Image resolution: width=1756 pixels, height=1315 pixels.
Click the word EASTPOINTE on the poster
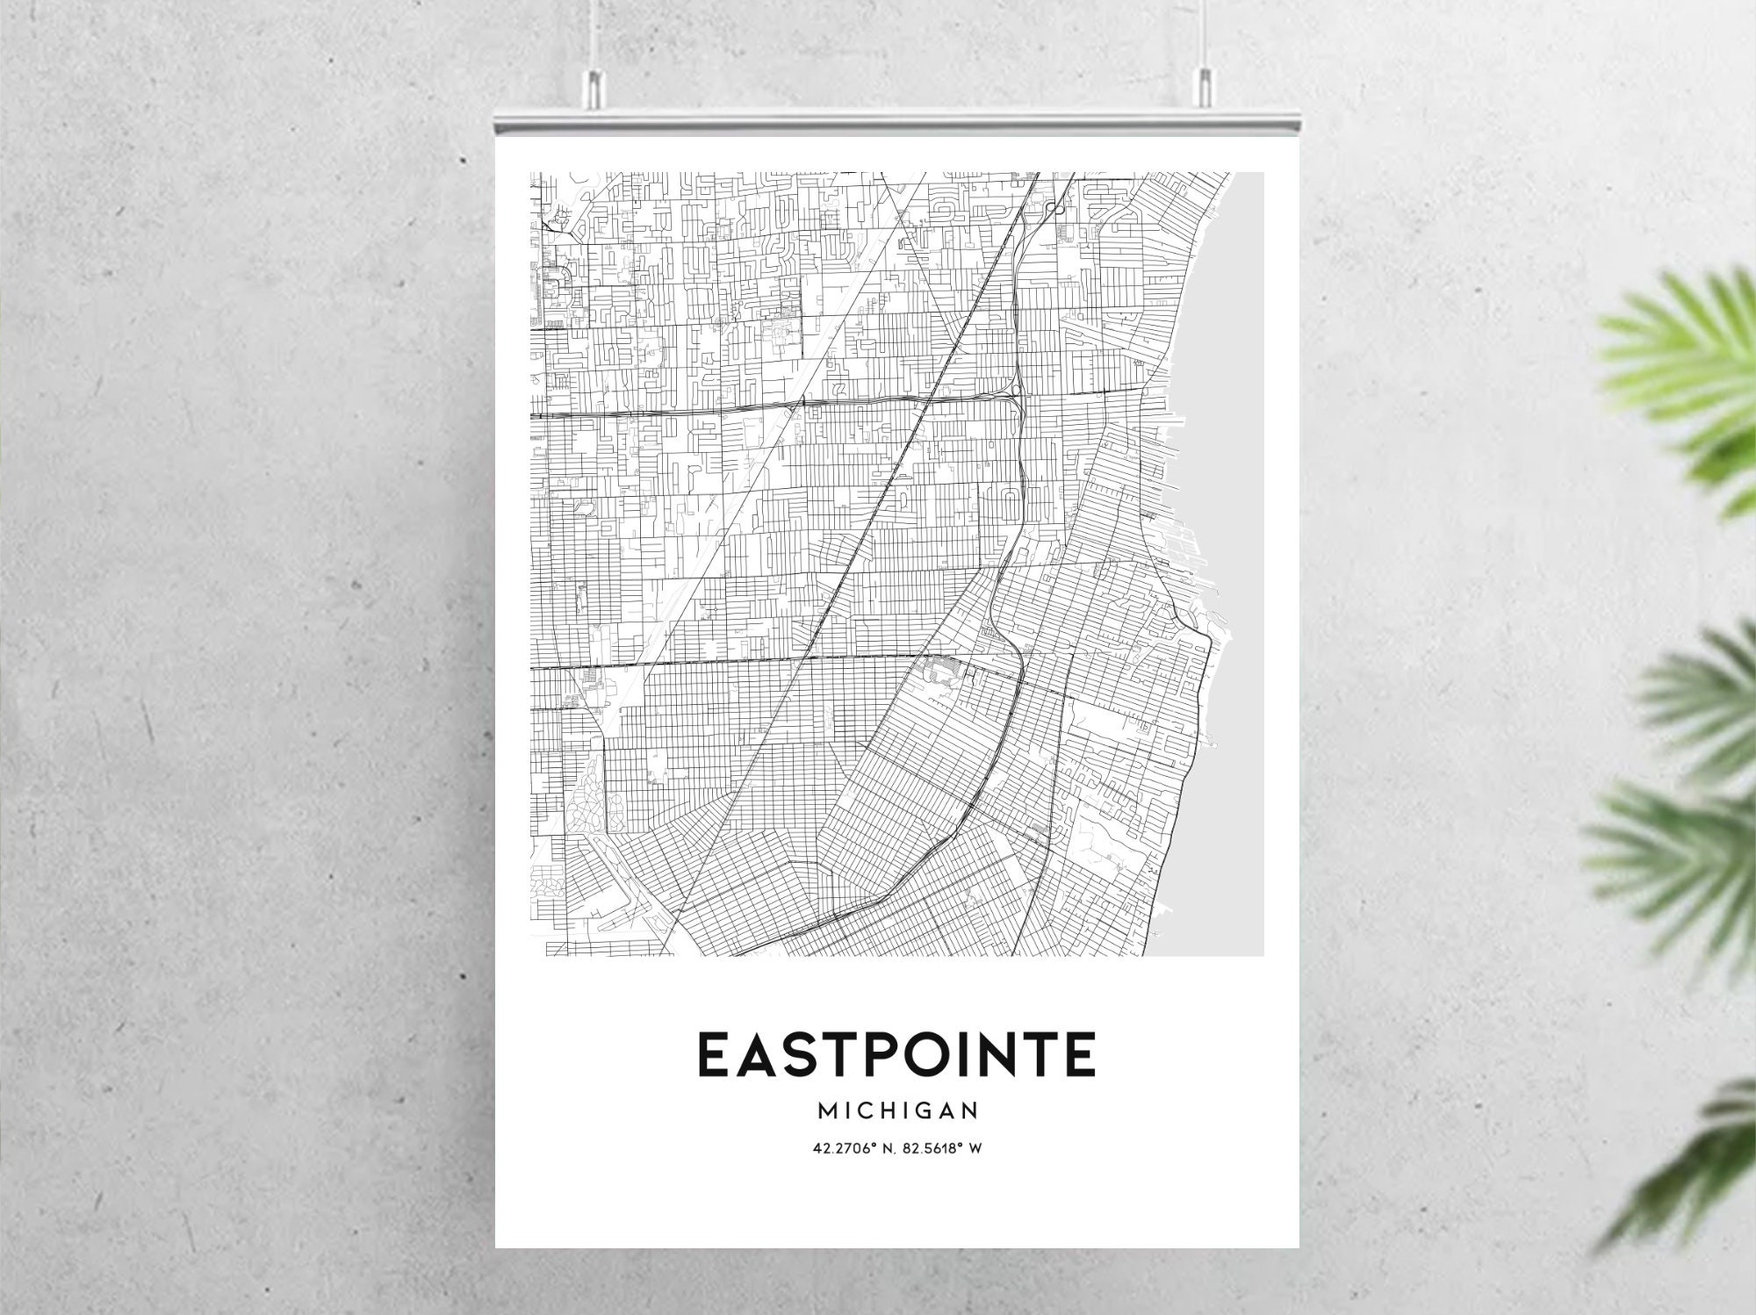coord(896,1054)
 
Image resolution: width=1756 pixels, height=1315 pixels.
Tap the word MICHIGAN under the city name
coord(897,1111)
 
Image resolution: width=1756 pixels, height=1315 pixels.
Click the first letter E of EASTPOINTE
coord(714,1054)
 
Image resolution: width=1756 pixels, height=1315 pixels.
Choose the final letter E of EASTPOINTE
coord(1080,1054)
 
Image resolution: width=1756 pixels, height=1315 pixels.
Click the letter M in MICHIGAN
coord(828,1111)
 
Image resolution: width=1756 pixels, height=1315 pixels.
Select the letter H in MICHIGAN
coord(888,1111)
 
